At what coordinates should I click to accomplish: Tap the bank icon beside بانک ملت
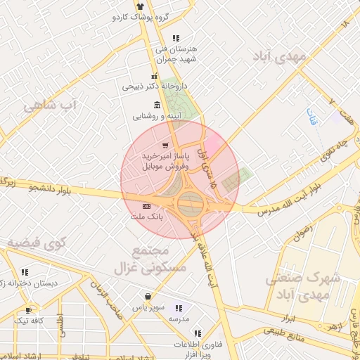pyautogui.click(x=146, y=206)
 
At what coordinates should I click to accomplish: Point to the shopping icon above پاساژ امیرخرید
pyautogui.click(x=165, y=146)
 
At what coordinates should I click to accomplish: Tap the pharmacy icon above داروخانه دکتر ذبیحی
pyautogui.click(x=154, y=76)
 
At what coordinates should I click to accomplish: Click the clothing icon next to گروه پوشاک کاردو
pyautogui.click(x=139, y=6)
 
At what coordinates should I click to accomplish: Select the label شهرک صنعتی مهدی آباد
pyautogui.click(x=302, y=286)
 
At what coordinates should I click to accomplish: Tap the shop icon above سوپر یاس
pyautogui.click(x=148, y=297)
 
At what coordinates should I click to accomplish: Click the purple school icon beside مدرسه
pyautogui.click(x=178, y=308)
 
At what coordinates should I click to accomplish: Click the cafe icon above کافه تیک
pyautogui.click(x=28, y=309)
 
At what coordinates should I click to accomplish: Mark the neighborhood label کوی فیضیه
pyautogui.click(x=37, y=243)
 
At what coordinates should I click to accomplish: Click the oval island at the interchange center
pyautogui.click(x=191, y=205)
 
